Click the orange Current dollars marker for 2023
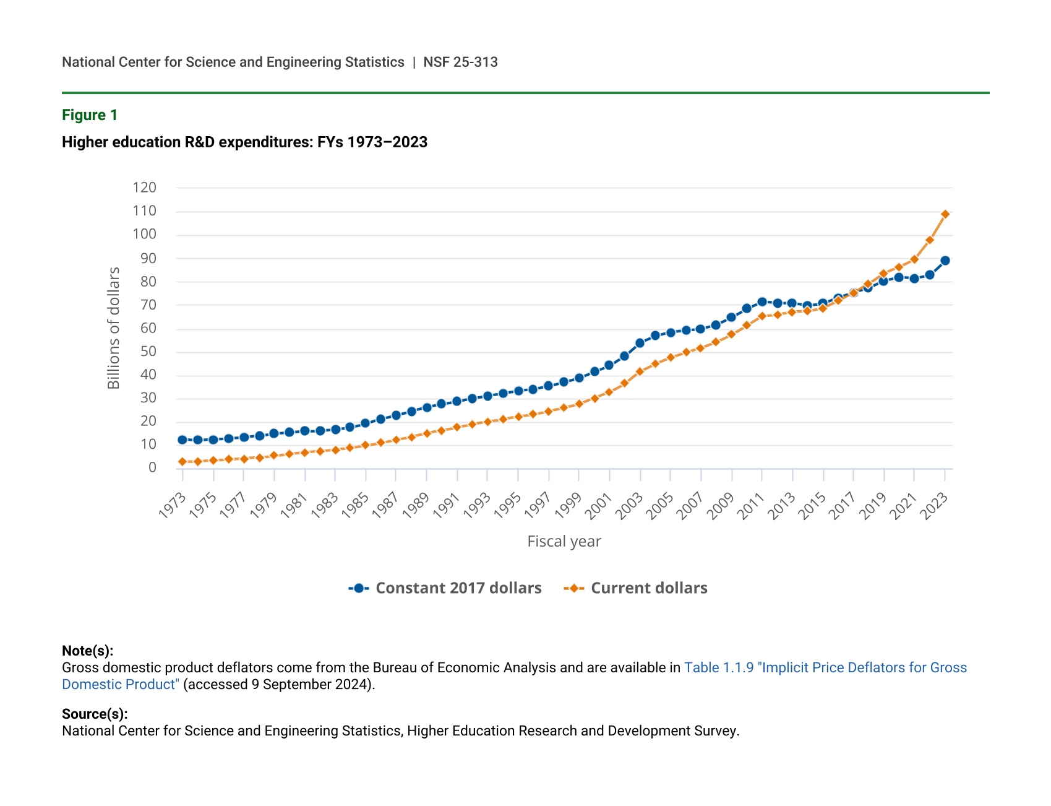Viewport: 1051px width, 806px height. pos(945,214)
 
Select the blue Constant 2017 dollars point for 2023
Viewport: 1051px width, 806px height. pos(945,261)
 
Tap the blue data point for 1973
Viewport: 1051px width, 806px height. pos(182,440)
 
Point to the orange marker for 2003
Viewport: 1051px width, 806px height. pos(640,371)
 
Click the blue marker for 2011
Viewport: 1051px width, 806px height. pos(762,302)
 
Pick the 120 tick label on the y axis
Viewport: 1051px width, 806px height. pos(144,188)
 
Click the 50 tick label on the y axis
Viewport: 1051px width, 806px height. pos(148,352)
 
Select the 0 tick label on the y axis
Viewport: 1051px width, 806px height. pos(152,467)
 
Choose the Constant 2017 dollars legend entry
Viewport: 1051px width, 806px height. pos(445,588)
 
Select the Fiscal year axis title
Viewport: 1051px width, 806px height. pos(564,542)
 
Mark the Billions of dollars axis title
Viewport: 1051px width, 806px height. pos(114,328)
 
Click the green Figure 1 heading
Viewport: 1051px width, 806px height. pos(90,115)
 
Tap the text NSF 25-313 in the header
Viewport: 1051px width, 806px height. pos(460,62)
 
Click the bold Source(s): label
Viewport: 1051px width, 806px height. pos(95,714)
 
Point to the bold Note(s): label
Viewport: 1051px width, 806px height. pos(87,651)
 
